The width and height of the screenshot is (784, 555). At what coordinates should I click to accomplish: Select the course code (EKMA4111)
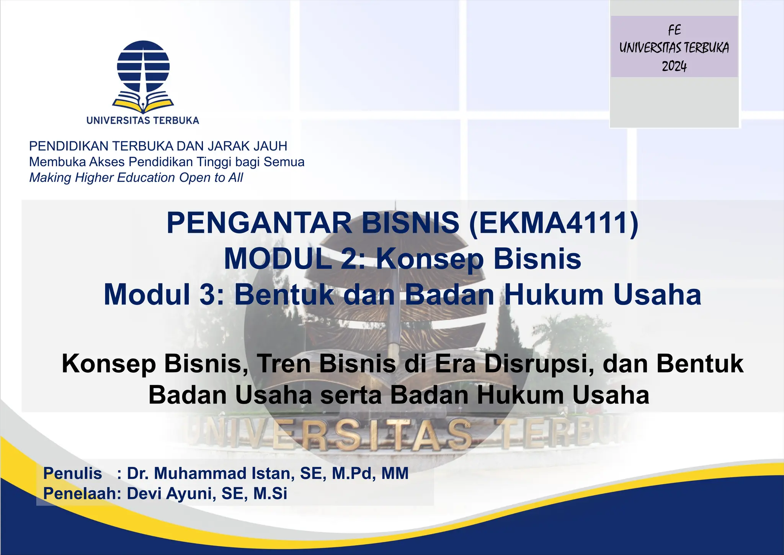pos(554,223)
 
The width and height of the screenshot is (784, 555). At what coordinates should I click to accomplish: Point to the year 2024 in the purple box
pos(674,66)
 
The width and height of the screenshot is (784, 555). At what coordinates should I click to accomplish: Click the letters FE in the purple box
pos(674,30)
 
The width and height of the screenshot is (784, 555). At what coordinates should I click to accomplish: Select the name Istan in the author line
pos(273,473)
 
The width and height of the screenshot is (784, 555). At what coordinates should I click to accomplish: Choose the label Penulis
pos(72,473)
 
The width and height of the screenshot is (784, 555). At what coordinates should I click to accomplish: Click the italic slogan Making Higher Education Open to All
pos(136,178)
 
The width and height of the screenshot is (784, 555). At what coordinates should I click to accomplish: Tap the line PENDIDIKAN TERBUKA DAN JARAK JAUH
pos(158,146)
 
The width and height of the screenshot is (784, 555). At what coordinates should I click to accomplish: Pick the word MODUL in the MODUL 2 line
pos(278,259)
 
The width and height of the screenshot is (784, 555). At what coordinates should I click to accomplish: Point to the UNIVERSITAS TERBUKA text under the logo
pos(143,120)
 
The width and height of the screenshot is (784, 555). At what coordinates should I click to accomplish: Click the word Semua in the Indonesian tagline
pos(284,162)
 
